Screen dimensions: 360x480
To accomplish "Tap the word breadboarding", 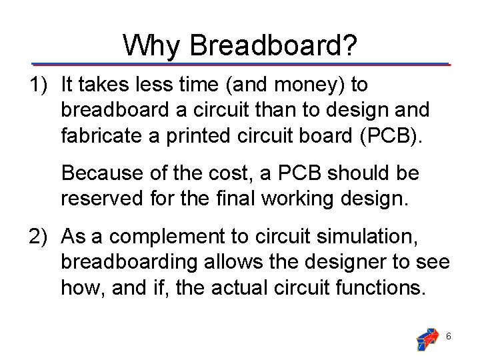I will click(129, 262).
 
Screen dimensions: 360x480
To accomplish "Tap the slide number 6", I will click(449, 337).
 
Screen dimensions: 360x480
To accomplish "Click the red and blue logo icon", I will click(426, 337).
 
